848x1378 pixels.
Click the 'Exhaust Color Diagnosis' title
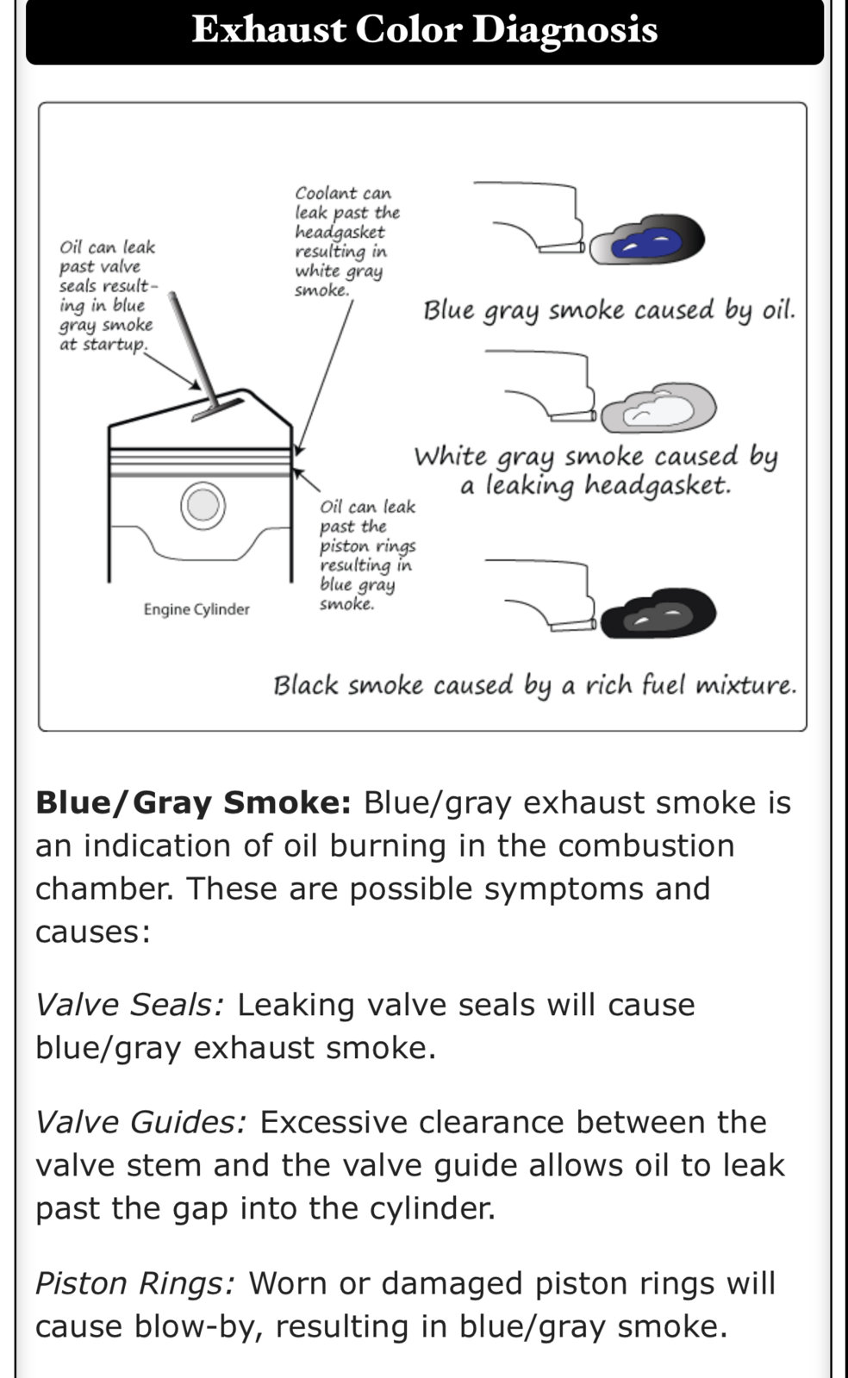coord(425,29)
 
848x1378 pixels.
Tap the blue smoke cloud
coord(647,240)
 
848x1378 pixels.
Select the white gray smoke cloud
coord(658,408)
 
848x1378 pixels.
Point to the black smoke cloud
coord(658,613)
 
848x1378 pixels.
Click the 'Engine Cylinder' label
coord(196,609)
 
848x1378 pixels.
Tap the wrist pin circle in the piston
coord(203,505)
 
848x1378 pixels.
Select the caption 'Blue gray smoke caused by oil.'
coord(608,310)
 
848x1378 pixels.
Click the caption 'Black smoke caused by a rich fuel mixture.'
coord(535,685)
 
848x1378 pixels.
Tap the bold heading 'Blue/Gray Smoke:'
coord(193,803)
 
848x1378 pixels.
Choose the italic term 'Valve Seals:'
coord(129,1005)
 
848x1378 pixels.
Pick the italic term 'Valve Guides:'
coord(141,1122)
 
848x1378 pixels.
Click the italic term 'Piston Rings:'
coord(135,1283)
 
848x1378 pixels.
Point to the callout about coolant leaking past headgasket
coord(347,242)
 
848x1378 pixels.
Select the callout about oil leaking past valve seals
coord(108,296)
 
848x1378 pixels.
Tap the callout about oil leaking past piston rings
coord(368,555)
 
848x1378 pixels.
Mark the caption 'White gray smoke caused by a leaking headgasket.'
coord(595,471)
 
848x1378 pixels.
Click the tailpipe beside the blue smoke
coord(561,247)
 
